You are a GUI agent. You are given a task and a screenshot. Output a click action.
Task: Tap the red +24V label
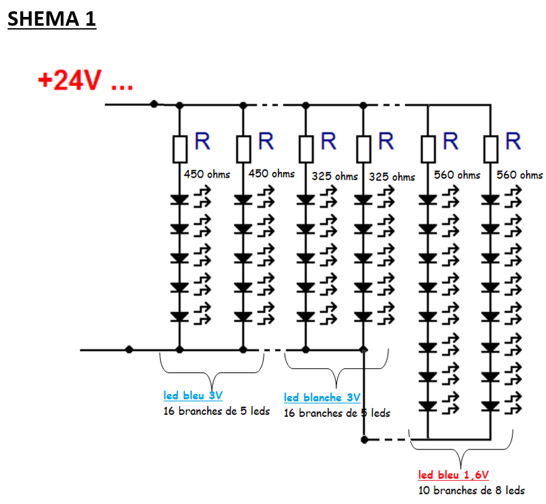pyautogui.click(x=85, y=81)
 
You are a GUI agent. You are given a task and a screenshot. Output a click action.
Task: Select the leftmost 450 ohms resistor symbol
pyautogui.click(x=179, y=149)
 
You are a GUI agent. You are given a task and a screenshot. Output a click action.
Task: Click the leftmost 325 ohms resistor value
pyautogui.click(x=335, y=176)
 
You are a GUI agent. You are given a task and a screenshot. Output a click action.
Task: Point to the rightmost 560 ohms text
pyautogui.click(x=520, y=174)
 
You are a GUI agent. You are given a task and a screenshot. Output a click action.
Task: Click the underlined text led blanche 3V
pyautogui.click(x=322, y=397)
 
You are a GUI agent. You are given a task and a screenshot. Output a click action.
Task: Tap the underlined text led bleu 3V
pyautogui.click(x=193, y=395)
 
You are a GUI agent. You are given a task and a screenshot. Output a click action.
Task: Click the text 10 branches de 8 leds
pyautogui.click(x=471, y=490)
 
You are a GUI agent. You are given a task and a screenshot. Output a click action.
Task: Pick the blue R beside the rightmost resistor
pyautogui.click(x=513, y=141)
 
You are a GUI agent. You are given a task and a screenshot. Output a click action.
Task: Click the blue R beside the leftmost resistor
pyautogui.click(x=202, y=141)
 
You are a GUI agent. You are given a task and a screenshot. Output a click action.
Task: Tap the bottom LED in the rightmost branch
pyautogui.click(x=490, y=406)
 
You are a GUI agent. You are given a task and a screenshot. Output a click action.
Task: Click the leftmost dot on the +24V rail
pyautogui.click(x=154, y=104)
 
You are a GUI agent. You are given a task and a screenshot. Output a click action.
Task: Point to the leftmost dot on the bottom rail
pyautogui.click(x=129, y=349)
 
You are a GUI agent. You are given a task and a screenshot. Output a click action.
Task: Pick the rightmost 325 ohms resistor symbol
pyautogui.click(x=363, y=149)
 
